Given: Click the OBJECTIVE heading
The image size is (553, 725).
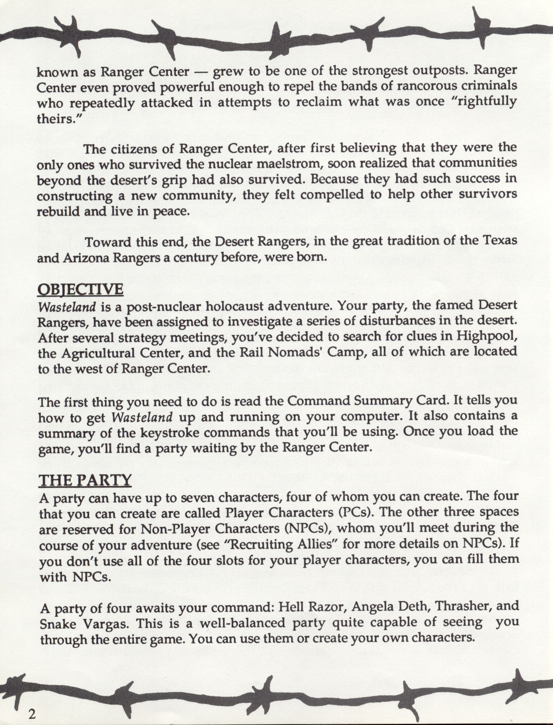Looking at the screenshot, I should [81, 289].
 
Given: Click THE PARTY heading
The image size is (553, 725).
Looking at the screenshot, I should [85, 481].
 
